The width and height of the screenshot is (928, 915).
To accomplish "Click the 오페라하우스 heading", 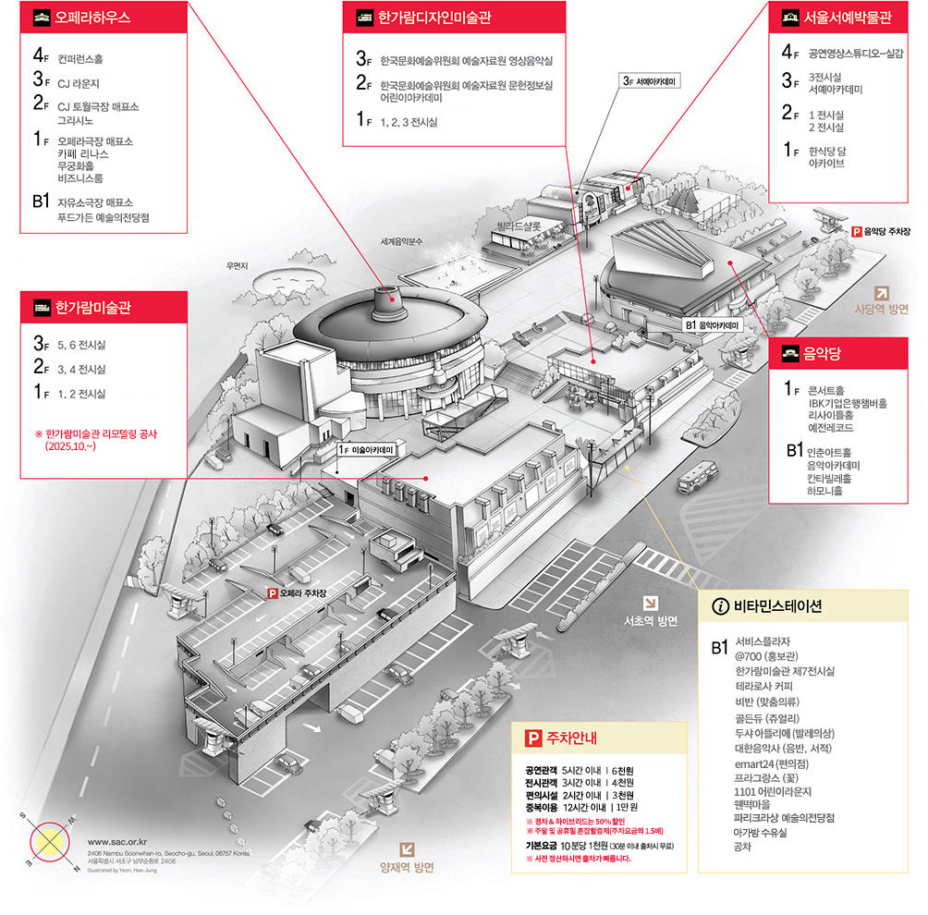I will tap(92, 17).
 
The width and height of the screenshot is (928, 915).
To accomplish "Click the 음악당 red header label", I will tap(814, 352).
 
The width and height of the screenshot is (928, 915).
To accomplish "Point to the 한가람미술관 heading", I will tap(92, 307).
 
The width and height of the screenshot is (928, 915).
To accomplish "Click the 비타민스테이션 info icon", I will tap(720, 606).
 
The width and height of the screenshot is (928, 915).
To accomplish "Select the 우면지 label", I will tap(238, 266).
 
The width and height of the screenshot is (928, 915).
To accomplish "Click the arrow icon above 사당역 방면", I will tap(882, 293).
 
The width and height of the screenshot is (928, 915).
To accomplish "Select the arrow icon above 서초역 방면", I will tap(652, 601).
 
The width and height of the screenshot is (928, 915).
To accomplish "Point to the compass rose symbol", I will tap(51, 840).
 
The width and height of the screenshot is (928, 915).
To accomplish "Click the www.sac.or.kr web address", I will tap(118, 842).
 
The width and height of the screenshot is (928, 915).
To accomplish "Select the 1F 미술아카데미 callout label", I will tap(367, 449).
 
